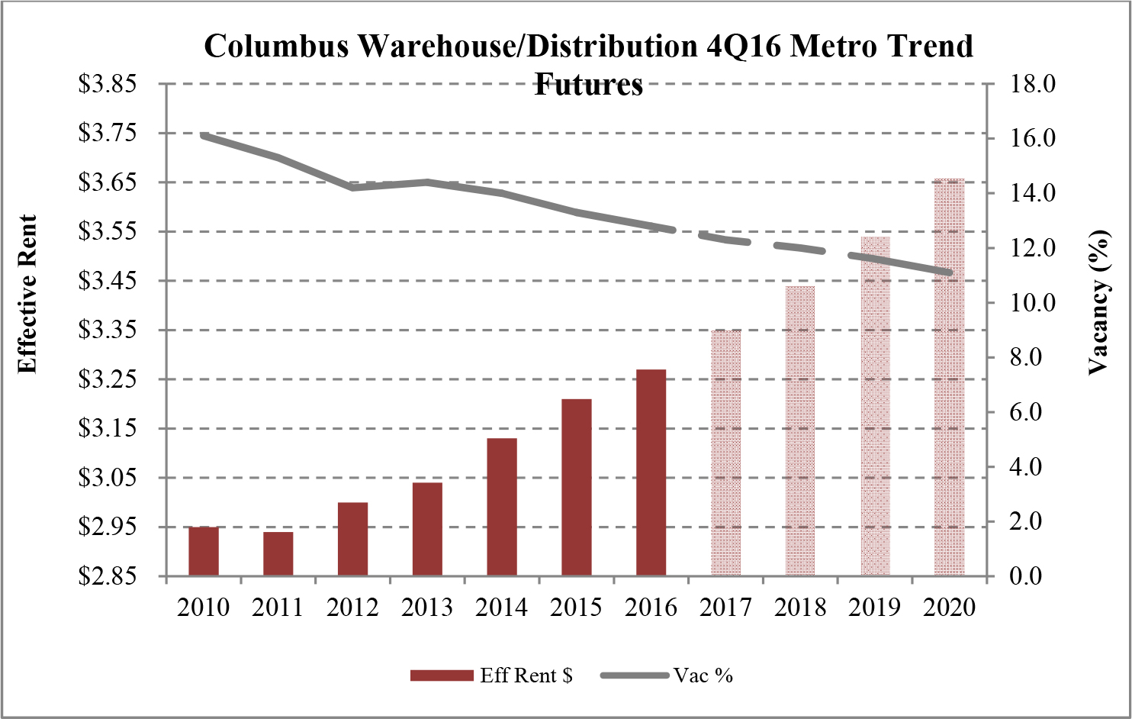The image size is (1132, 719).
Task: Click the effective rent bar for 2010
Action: [204, 550]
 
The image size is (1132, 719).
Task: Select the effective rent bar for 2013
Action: [427, 528]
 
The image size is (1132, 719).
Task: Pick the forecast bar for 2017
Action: [725, 453]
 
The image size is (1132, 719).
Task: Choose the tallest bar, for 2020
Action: [949, 377]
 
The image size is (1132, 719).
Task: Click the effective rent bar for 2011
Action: [278, 553]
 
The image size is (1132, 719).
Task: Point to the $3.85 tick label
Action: [108, 83]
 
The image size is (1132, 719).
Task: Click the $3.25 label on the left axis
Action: [108, 379]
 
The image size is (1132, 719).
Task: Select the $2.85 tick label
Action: [108, 576]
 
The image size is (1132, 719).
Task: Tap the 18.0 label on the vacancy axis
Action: [1032, 83]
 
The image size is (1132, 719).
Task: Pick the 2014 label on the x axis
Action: [502, 608]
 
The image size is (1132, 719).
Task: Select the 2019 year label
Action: [875, 608]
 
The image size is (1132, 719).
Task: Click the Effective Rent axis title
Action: [27, 295]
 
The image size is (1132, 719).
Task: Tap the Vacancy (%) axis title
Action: [1098, 302]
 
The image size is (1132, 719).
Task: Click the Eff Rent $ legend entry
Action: [526, 675]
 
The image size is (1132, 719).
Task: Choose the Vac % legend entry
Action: [703, 675]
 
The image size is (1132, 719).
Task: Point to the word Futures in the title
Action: [588, 84]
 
